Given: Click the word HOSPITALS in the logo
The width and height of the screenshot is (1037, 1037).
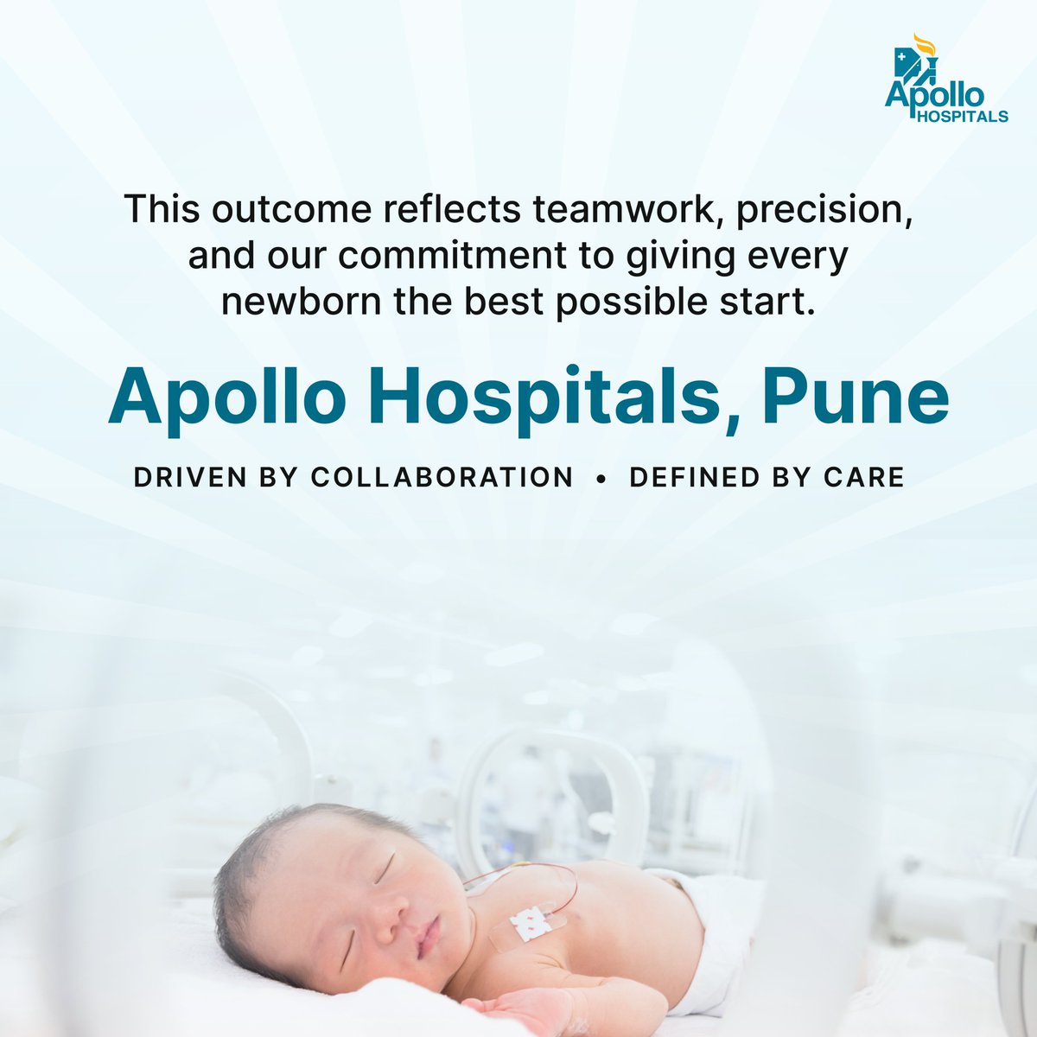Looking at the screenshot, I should [x=963, y=115].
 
